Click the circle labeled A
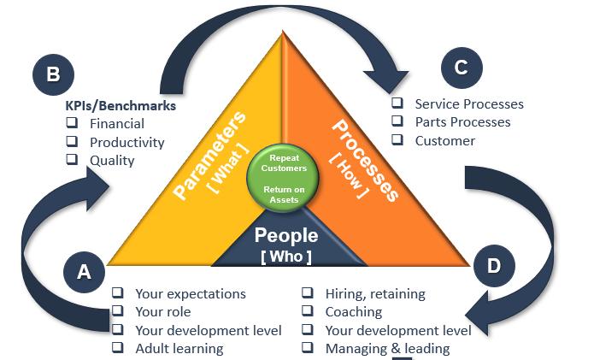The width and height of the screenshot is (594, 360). (84, 271)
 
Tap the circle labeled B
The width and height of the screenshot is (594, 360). (53, 74)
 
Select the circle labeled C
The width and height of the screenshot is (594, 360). (461, 68)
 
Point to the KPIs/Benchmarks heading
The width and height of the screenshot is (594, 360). (121, 106)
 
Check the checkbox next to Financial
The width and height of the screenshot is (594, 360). (73, 124)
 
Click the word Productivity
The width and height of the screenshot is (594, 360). (126, 142)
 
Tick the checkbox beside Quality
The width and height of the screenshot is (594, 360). (73, 159)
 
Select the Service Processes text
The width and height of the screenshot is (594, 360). (468, 104)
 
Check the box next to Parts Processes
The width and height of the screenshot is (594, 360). (397, 122)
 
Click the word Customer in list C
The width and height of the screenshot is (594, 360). (444, 140)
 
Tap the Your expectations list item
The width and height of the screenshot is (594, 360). (190, 294)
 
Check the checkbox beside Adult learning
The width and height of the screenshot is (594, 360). (118, 348)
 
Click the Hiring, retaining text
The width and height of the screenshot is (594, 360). (374, 294)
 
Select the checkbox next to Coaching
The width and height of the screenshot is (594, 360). (308, 312)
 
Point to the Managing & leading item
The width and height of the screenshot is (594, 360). (386, 348)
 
